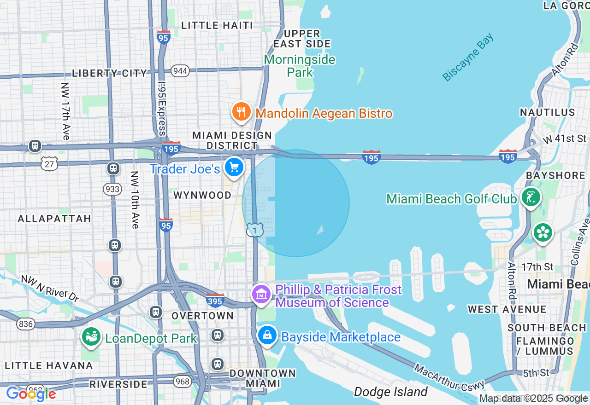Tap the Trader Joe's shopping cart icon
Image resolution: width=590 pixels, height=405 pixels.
pos(234,168)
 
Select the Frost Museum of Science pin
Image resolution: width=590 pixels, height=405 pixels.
pos(261,295)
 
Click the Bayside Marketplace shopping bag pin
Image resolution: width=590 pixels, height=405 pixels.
pos(267,336)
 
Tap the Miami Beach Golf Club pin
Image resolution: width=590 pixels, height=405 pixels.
pos(531,197)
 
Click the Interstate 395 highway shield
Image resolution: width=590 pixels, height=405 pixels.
pos(215,301)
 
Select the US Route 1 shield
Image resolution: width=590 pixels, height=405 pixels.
pos(255,230)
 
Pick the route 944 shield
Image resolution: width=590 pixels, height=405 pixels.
pos(180,71)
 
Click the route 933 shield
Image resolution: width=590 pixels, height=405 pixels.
pos(112,189)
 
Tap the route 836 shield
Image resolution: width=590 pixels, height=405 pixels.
pos(26,324)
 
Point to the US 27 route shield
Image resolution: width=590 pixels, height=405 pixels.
pos(49,163)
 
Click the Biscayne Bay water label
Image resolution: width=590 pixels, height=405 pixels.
pos(468,58)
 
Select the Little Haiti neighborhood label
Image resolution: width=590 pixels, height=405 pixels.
pos(217,25)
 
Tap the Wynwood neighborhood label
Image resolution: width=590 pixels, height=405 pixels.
pos(202,195)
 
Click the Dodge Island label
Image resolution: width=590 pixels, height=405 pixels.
pos(391,392)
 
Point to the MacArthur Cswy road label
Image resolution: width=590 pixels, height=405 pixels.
pos(449,377)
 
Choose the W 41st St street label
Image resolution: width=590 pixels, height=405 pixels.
pos(565,139)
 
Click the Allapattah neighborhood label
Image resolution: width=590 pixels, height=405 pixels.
pos(54,219)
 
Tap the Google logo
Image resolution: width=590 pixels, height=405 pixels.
pos(31,394)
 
